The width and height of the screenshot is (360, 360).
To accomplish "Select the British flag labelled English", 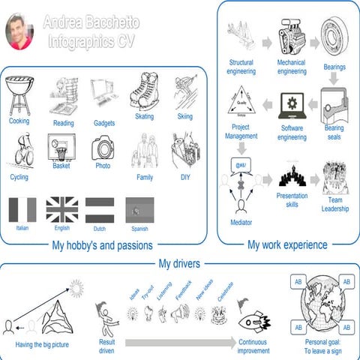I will coord(61,208).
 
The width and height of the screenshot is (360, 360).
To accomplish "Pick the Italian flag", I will coord(22,208).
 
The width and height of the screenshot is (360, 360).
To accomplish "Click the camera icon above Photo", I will coord(103,147).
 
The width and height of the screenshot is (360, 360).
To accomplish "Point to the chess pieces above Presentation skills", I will coord(292,178).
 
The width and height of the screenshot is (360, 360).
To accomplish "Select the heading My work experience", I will coord(287,244).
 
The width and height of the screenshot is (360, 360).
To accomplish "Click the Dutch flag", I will coord(100,208).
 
